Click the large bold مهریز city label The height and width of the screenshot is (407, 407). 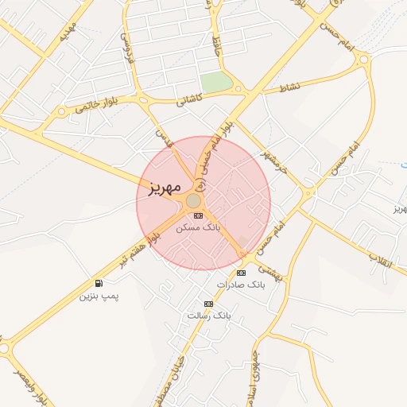click(x=161, y=188)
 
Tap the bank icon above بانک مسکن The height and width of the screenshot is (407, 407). click(x=198, y=215)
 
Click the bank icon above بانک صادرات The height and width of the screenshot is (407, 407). click(x=241, y=273)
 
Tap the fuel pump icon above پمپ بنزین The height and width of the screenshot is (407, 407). click(x=99, y=284)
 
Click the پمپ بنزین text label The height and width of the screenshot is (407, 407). click(x=99, y=296)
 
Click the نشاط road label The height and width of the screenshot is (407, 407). click(x=289, y=86)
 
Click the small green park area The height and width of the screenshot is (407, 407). click(x=215, y=82)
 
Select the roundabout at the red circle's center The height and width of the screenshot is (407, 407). click(x=193, y=201)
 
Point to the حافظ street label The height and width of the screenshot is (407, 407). click(x=215, y=44)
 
